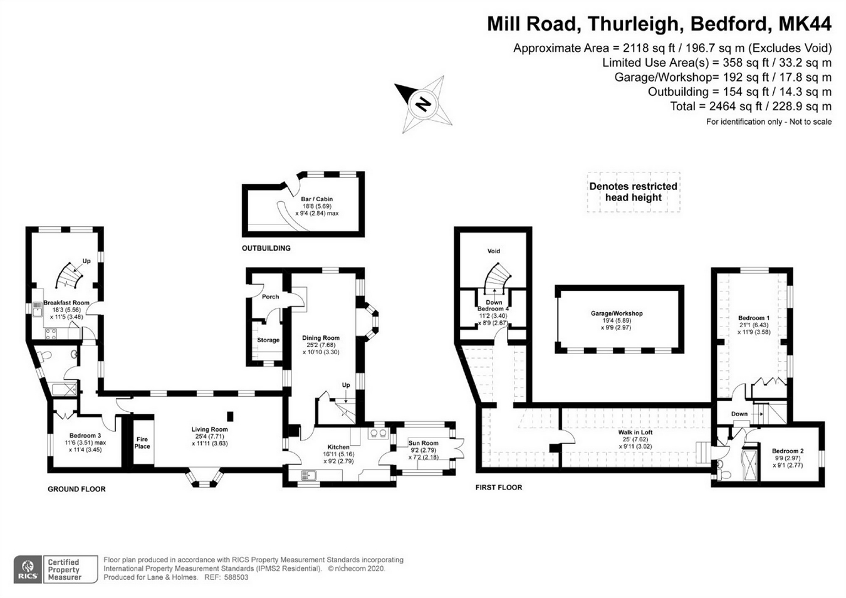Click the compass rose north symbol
point(424,103)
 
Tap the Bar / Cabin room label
point(316,199)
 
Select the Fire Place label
point(142,443)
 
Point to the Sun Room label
point(423,443)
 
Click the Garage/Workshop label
point(616,313)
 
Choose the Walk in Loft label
point(635,433)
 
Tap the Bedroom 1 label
point(753,318)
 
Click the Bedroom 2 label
point(787,451)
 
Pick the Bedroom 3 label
point(85,436)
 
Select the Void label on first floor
point(494,251)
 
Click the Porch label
point(270,296)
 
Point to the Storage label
point(268,340)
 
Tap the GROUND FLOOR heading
point(76,489)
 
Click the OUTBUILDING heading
point(266,248)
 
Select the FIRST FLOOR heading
point(498,487)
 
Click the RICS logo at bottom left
point(28,569)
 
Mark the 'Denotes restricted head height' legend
point(633,192)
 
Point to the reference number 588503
point(236,577)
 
